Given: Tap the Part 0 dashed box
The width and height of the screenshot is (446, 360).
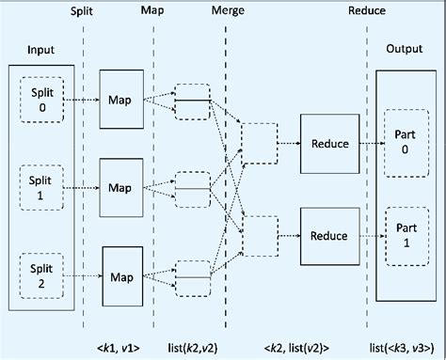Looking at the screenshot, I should [x=403, y=142].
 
